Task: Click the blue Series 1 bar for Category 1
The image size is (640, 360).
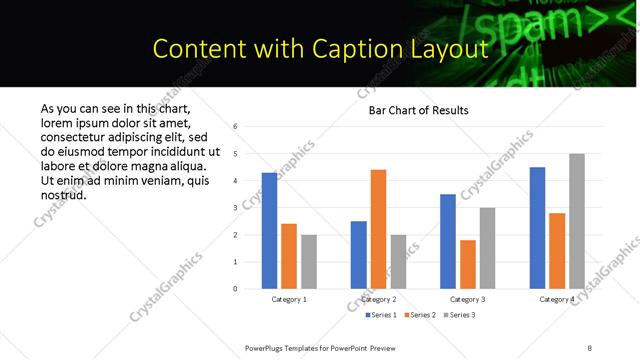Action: click(x=270, y=231)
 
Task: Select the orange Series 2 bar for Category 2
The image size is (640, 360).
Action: click(x=378, y=229)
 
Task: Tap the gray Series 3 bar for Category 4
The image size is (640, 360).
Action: click(x=577, y=221)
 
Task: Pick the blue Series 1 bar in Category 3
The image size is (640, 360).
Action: click(x=448, y=241)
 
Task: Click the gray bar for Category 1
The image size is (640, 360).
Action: click(x=309, y=262)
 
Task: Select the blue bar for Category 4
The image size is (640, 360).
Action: click(x=538, y=228)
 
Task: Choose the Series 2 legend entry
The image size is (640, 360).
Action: click(x=418, y=315)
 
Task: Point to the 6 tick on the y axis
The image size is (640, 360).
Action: click(x=234, y=127)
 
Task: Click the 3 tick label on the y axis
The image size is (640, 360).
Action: click(x=234, y=208)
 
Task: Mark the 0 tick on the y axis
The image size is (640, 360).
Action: click(x=234, y=289)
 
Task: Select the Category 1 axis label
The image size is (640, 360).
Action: click(x=290, y=299)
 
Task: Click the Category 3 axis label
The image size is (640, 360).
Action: click(x=468, y=299)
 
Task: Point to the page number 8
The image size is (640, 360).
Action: click(x=589, y=347)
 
